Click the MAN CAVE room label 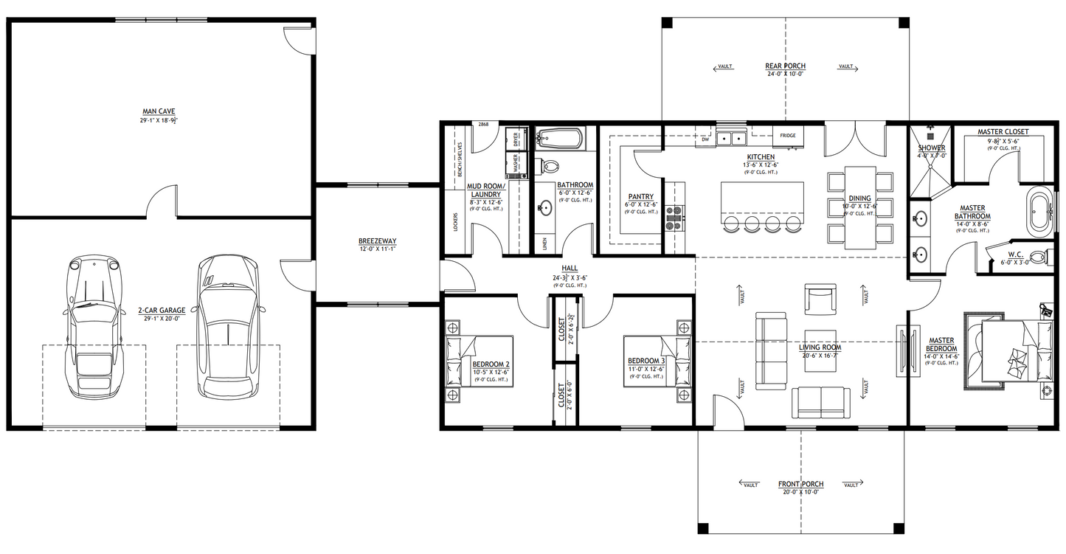pyautogui.click(x=159, y=111)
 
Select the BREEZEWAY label pyautogui.click(x=377, y=240)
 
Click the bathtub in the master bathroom pyautogui.click(x=1039, y=213)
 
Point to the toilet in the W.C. pyautogui.click(x=1039, y=257)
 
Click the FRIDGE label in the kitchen pyautogui.click(x=787, y=136)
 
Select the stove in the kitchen pyautogui.click(x=675, y=214)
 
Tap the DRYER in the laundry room pyautogui.click(x=516, y=138)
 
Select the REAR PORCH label pyautogui.click(x=784, y=66)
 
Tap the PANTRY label pyautogui.click(x=641, y=197)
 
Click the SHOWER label pyautogui.click(x=931, y=148)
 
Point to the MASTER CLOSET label pyautogui.click(x=1003, y=132)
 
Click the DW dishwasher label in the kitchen pyautogui.click(x=706, y=138)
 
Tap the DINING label pyautogui.click(x=859, y=198)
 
